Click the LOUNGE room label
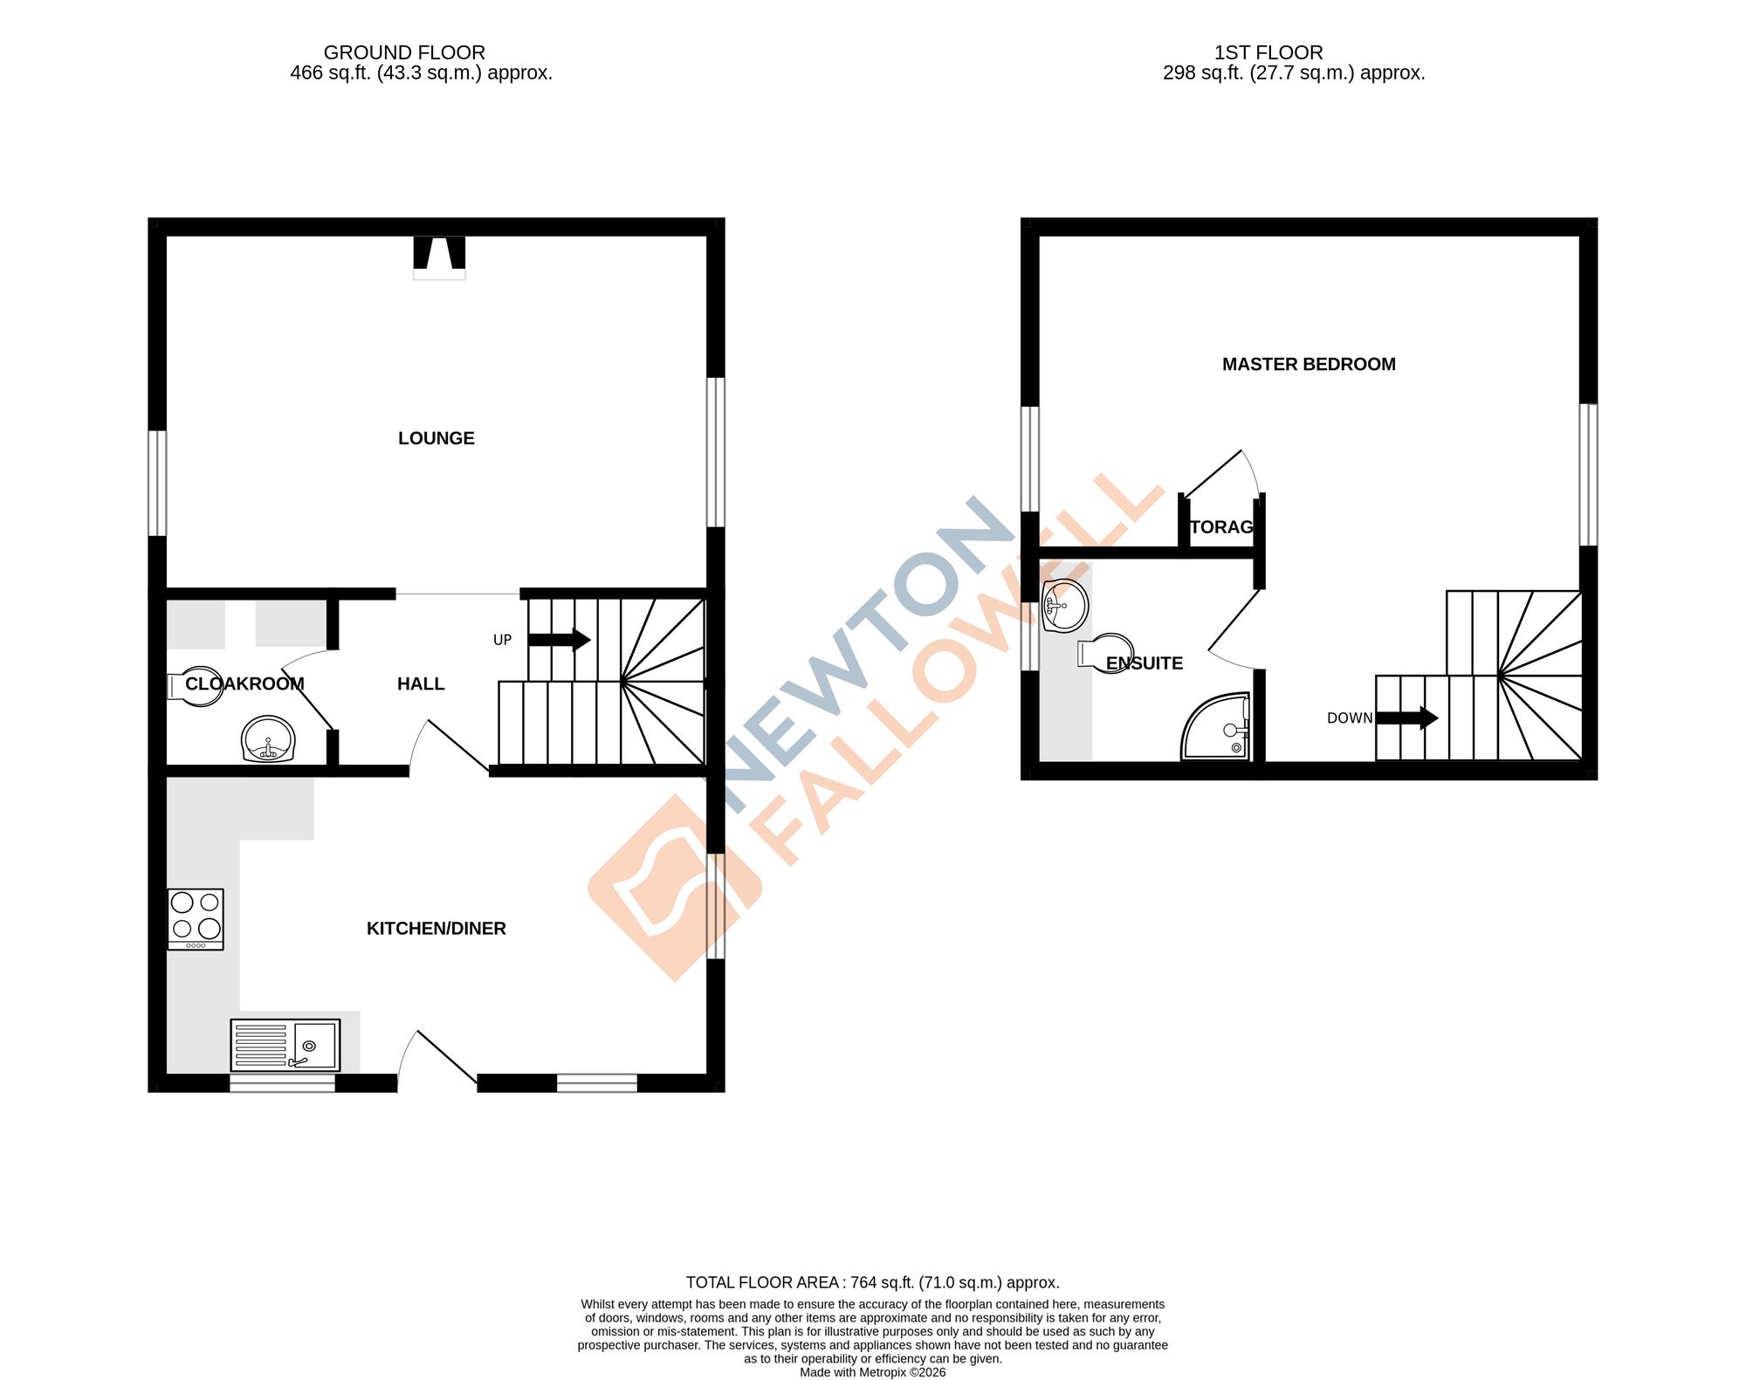(436, 438)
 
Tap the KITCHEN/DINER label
(436, 929)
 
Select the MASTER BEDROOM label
(1308, 365)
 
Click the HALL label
(421, 684)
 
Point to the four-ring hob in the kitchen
(196, 918)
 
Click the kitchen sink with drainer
(285, 1045)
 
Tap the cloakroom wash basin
(269, 739)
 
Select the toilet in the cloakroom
(194, 686)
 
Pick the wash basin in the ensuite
(1065, 605)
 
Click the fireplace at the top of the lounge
(439, 257)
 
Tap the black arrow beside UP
(559, 640)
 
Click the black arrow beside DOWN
(1406, 718)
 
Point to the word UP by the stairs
(502, 640)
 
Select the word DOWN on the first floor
(1349, 718)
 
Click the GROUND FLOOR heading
(404, 52)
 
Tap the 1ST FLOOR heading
(1268, 52)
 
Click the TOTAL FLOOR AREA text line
(872, 1282)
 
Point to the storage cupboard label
(1221, 527)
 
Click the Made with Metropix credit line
(872, 1372)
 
